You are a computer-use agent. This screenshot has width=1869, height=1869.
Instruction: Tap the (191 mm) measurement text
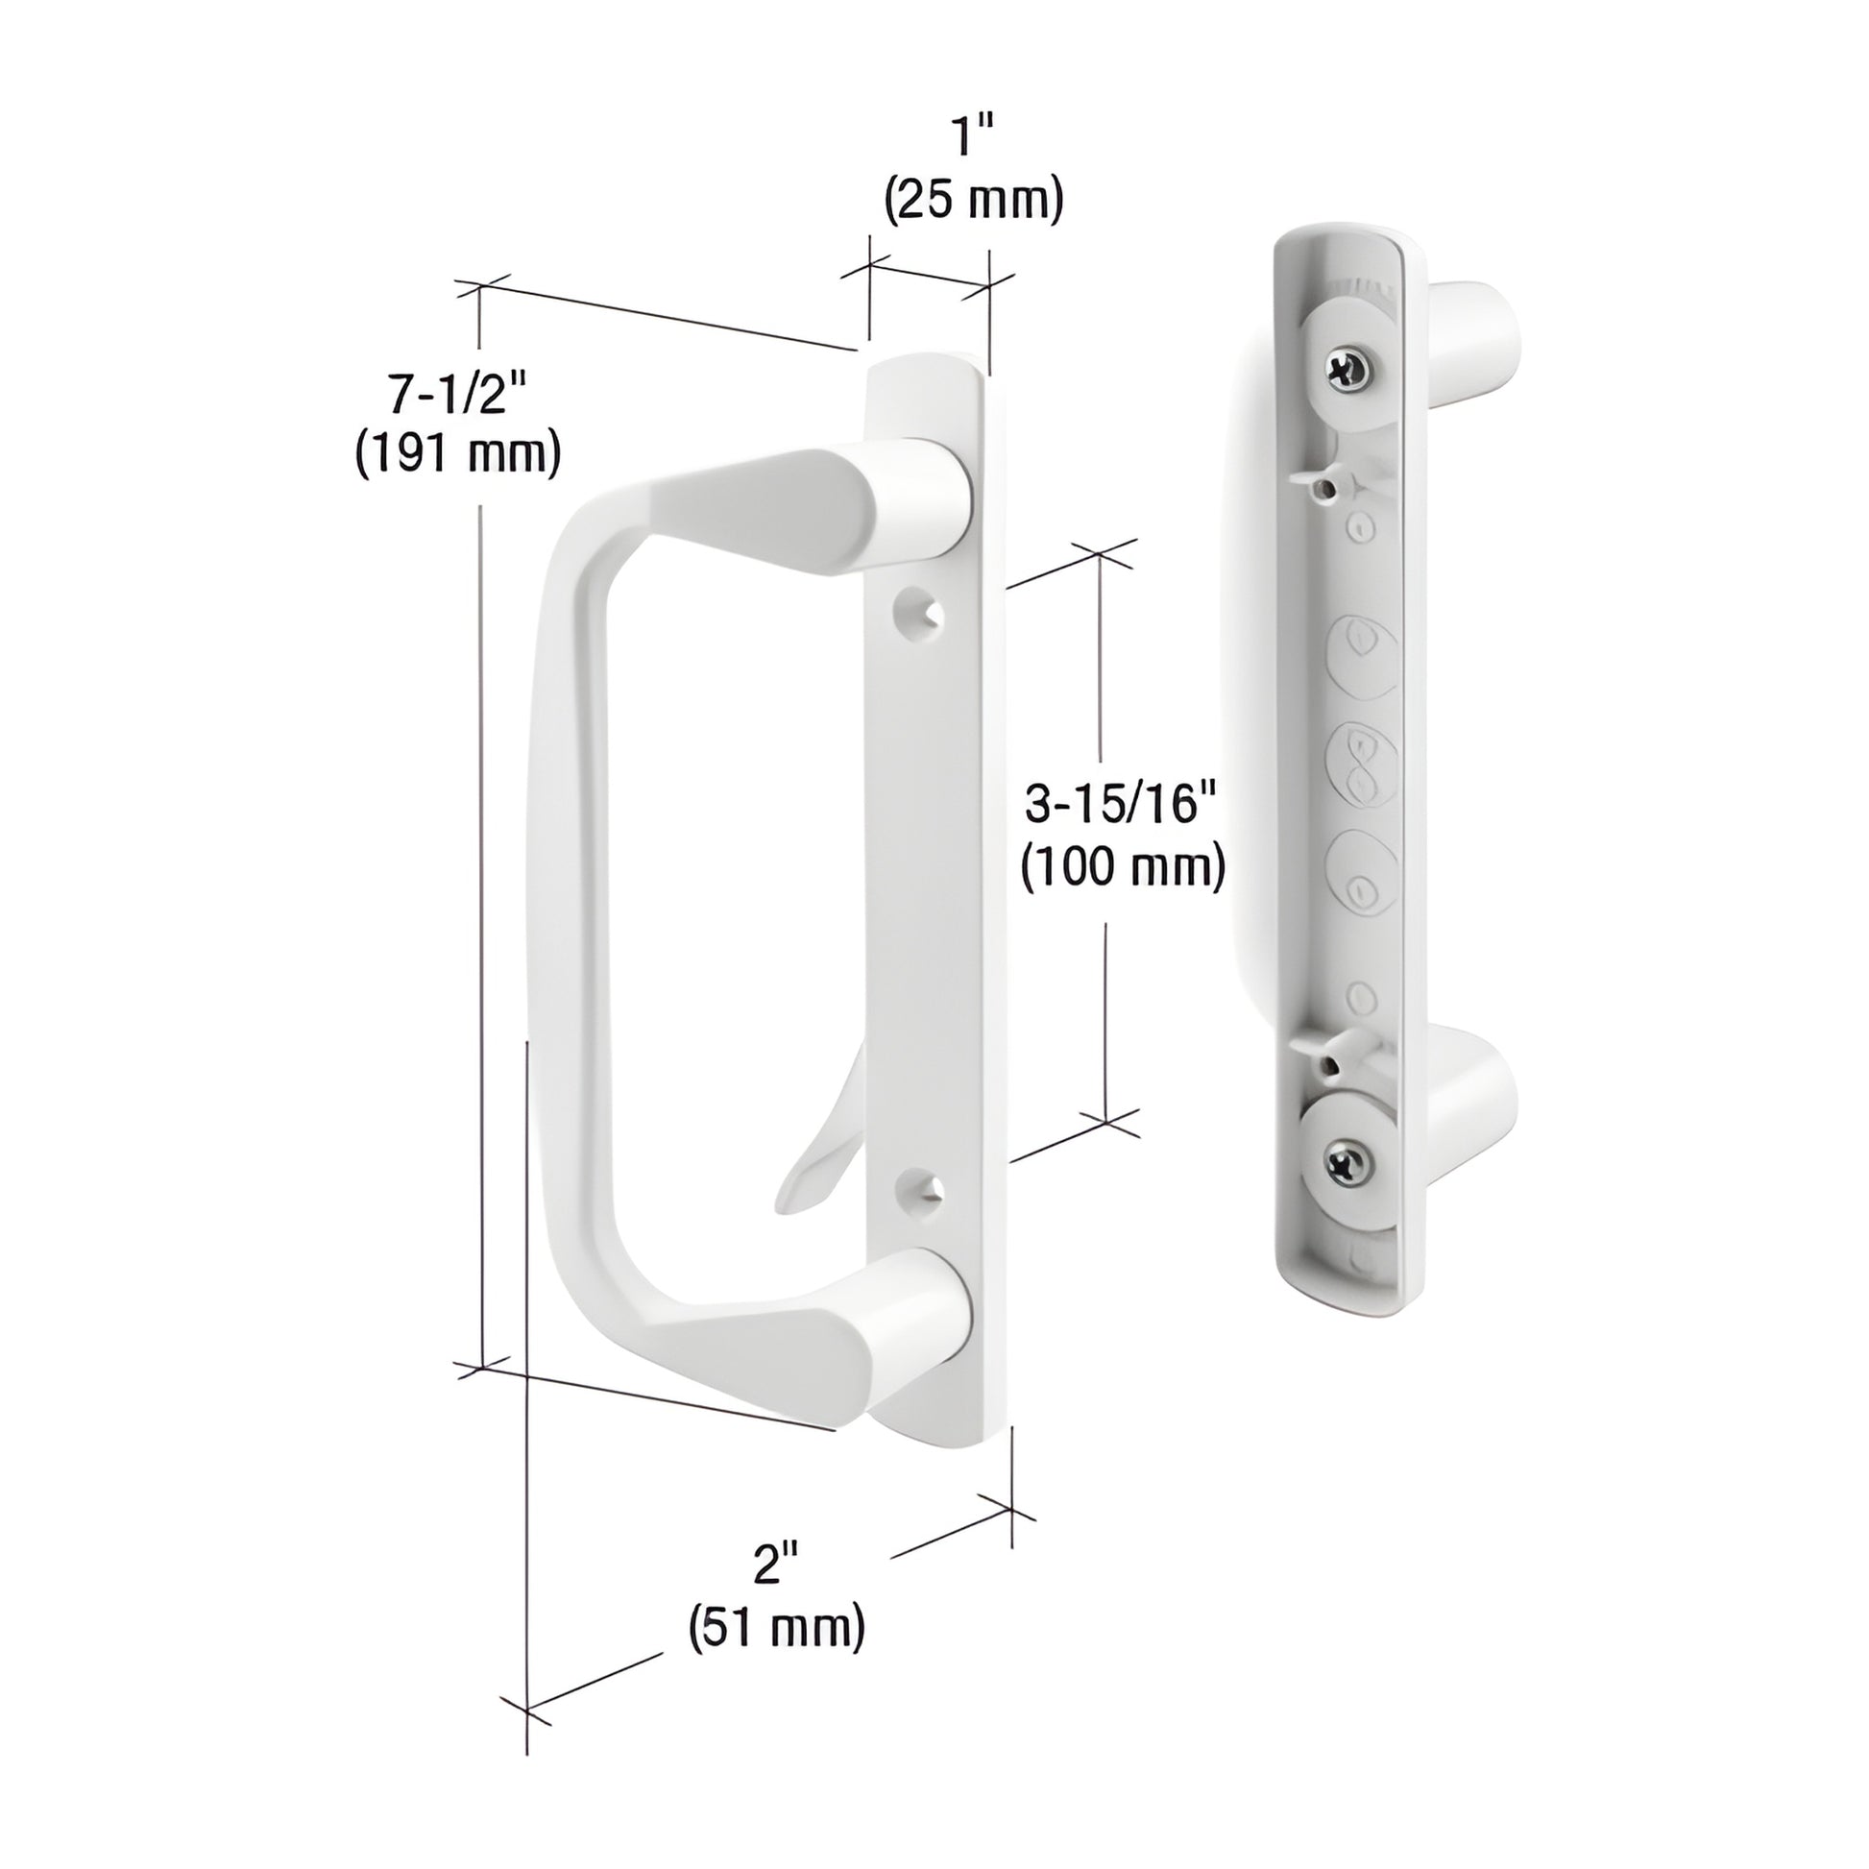click(457, 451)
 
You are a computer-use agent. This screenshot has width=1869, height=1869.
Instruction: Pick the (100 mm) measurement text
click(1123, 865)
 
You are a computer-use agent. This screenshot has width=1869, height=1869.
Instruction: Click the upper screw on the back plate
click(1348, 370)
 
